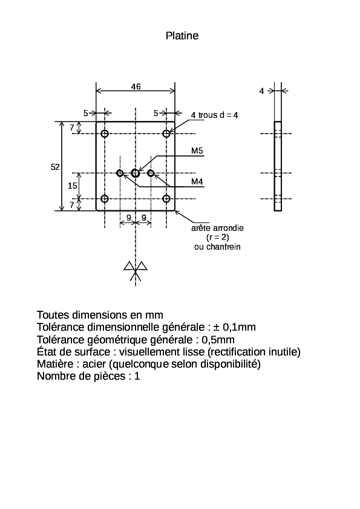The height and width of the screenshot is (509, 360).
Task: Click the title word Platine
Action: click(x=182, y=36)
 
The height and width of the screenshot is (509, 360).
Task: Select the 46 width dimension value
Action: click(x=136, y=86)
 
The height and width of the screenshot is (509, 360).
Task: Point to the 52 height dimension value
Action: click(x=55, y=167)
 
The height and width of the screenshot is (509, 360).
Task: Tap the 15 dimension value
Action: click(x=73, y=186)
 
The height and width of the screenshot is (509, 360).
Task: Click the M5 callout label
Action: click(x=197, y=151)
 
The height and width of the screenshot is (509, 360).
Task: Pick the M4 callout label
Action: click(x=197, y=181)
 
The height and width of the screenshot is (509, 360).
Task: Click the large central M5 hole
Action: click(x=136, y=173)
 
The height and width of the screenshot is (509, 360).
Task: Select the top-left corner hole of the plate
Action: click(x=105, y=134)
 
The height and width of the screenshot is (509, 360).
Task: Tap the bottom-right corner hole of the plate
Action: click(x=166, y=199)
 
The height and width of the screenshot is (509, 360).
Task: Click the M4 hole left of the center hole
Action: click(x=120, y=173)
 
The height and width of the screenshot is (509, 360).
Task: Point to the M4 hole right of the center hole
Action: click(x=151, y=173)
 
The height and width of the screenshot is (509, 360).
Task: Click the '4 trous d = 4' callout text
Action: click(x=214, y=115)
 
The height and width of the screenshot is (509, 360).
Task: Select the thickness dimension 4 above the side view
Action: click(x=261, y=91)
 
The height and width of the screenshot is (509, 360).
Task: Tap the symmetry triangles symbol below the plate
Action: click(x=136, y=270)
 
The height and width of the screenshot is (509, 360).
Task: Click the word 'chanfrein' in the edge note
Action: click(x=223, y=247)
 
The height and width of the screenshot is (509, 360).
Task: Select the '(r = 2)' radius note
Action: click(x=218, y=238)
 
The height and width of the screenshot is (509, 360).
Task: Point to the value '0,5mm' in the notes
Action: click(x=218, y=340)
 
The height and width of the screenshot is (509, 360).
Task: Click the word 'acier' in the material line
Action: click(x=94, y=365)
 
